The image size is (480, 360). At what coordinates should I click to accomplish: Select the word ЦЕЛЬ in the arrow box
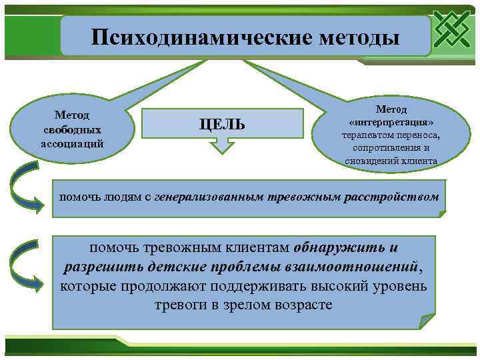point(222,124)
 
